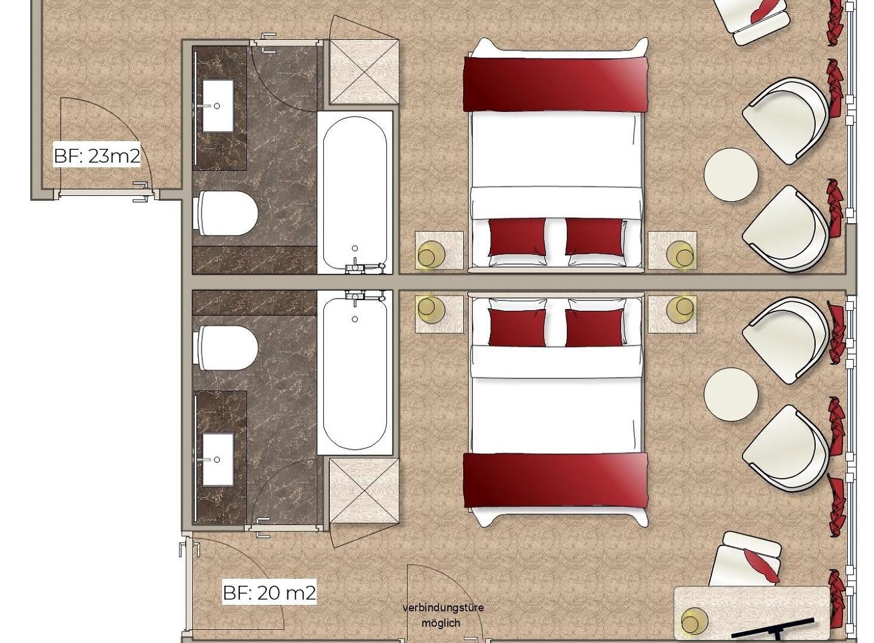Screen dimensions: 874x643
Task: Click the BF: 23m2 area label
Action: (x=97, y=156)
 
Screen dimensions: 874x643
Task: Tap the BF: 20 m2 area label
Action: (x=269, y=593)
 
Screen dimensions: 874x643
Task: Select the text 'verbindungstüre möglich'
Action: (x=443, y=615)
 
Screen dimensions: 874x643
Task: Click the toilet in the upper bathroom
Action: (x=228, y=213)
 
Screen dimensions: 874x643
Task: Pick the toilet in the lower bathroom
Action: (x=228, y=348)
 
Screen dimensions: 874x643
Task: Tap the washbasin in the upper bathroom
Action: (x=218, y=106)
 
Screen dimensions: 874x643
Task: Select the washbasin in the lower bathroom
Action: (x=218, y=460)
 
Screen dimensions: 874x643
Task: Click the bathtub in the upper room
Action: (x=355, y=193)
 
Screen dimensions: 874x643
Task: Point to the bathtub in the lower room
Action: (x=355, y=373)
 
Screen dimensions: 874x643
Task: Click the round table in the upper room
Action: (x=731, y=174)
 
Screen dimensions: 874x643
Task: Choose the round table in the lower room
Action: (x=731, y=394)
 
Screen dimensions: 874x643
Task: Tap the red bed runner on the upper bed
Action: (x=555, y=84)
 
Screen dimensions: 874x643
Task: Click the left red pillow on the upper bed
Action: (x=517, y=236)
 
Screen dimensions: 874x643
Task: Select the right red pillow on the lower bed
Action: (x=595, y=327)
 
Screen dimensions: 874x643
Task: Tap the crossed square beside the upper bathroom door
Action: (x=364, y=72)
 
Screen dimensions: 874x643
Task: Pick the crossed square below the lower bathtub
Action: (x=364, y=491)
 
